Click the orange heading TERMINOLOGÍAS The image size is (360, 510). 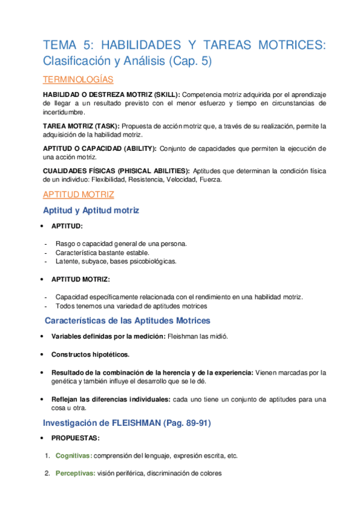(x=78, y=80)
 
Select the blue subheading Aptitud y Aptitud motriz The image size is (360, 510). (x=91, y=210)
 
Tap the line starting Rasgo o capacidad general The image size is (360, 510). (x=121, y=244)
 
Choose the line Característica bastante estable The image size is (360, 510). (x=102, y=253)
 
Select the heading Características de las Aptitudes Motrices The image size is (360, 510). (x=127, y=321)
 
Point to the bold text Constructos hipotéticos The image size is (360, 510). (x=90, y=354)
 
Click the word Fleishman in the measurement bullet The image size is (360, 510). (x=184, y=336)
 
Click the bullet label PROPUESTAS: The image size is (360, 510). (x=76, y=438)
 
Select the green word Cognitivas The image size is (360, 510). (x=73, y=456)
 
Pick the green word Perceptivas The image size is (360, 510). (x=75, y=474)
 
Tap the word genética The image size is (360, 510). (x=64, y=382)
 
